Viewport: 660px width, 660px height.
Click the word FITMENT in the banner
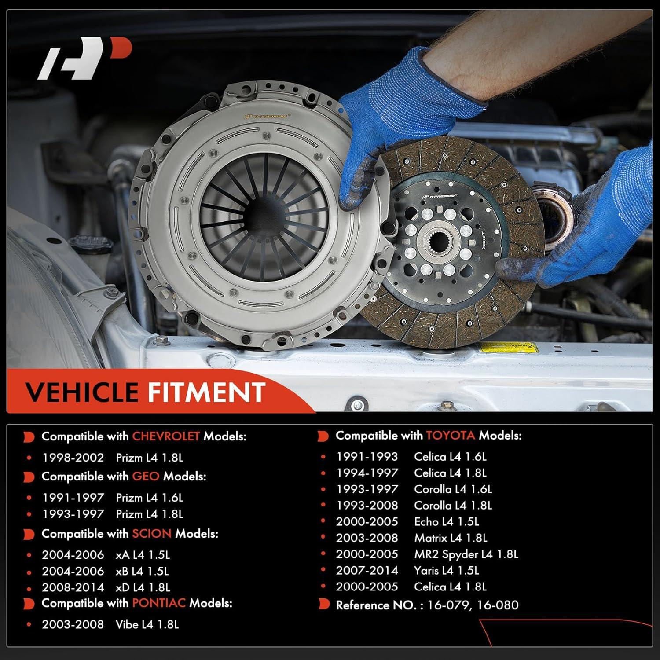206,392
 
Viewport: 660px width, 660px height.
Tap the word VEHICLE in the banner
81,392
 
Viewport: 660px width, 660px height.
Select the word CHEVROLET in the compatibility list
166,436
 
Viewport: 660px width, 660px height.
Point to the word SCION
151,534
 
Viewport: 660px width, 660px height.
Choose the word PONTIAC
159,603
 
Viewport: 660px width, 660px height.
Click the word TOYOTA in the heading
450,436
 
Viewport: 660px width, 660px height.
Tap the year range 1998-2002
73,458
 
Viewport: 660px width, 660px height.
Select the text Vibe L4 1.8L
147,624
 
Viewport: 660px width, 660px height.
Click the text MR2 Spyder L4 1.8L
466,554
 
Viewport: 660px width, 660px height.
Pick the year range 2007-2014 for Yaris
367,570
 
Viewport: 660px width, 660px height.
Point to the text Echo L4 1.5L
446,521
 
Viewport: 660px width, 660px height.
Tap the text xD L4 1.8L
142,587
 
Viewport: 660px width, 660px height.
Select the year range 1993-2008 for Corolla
367,505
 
